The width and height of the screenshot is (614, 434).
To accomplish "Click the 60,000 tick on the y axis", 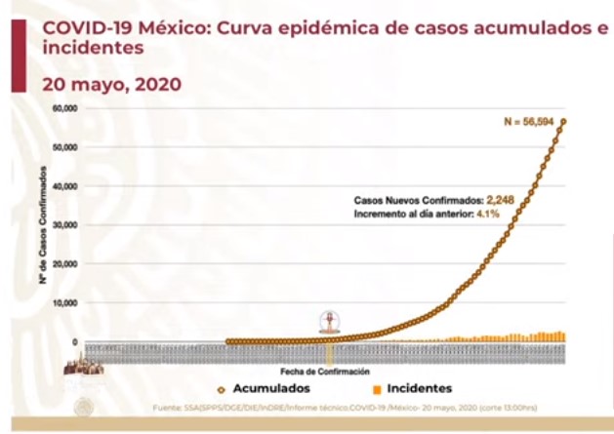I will tap(63, 108).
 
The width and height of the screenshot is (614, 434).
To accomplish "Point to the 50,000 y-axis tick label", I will tap(63, 147).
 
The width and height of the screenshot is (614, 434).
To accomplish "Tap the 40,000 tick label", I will tap(63, 186).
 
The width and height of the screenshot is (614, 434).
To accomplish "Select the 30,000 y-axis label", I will tap(63, 225).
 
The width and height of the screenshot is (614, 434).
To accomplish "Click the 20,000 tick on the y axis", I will tap(63, 264).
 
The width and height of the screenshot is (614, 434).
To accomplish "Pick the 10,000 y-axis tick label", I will tap(63, 303).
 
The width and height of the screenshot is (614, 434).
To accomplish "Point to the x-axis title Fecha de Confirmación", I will tap(324, 372).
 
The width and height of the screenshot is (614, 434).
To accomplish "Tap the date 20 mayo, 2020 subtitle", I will tap(112, 84).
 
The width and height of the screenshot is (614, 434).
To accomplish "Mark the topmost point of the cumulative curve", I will tap(564, 121).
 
